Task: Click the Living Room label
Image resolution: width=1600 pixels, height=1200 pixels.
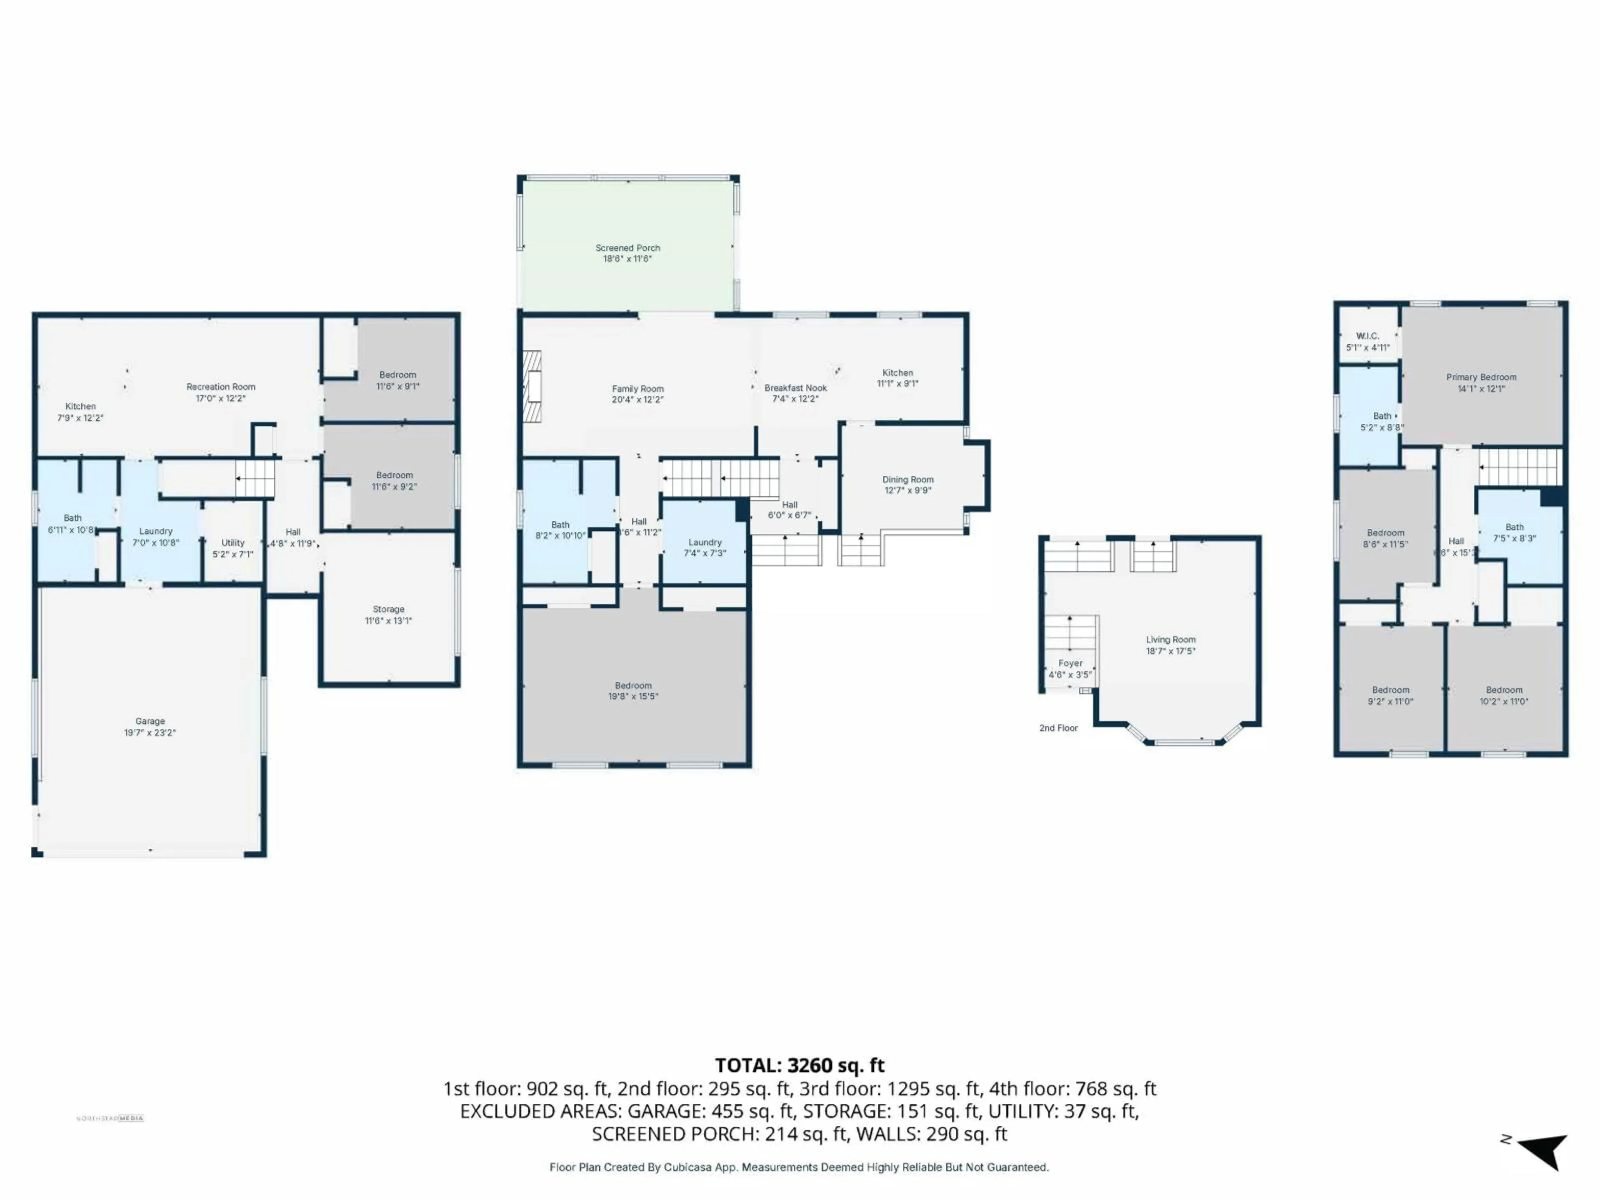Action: point(1170,640)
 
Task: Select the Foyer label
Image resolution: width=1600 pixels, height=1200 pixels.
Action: point(1070,663)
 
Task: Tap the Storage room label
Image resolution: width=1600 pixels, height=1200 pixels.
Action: point(388,610)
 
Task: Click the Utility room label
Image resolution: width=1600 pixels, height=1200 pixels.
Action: point(233,542)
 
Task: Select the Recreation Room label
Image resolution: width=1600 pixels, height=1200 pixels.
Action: point(220,387)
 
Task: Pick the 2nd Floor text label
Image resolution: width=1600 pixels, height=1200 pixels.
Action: point(1058,727)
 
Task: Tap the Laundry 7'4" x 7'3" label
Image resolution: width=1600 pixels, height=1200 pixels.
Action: point(705,542)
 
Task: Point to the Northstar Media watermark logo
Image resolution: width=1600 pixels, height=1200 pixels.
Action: point(110,1118)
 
